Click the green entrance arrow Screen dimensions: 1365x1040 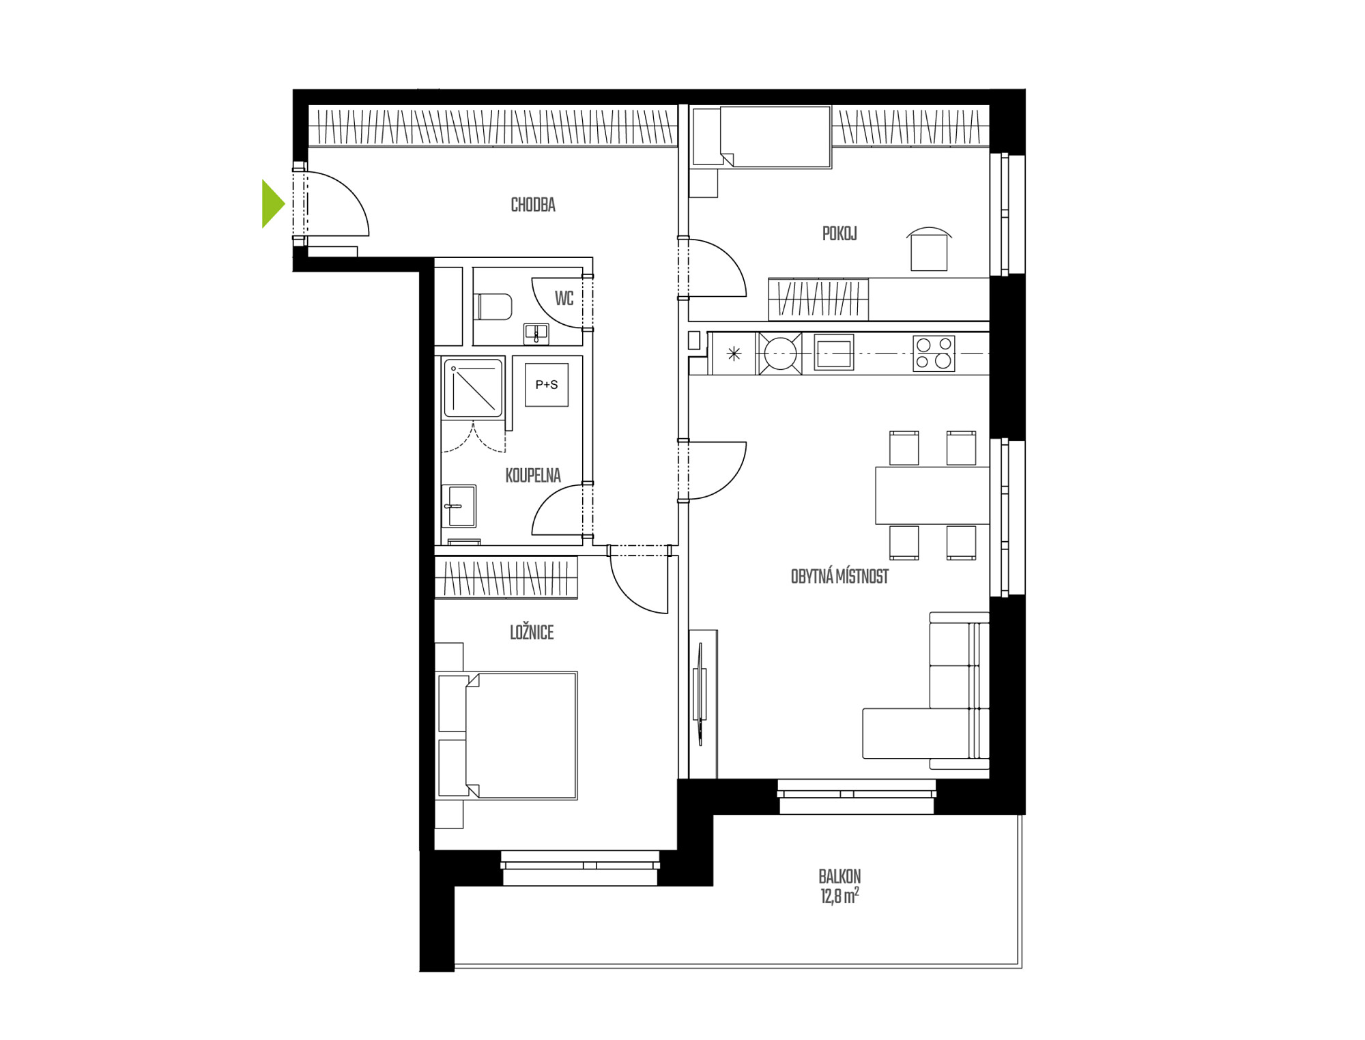coord(272,203)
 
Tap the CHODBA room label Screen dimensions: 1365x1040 coord(533,205)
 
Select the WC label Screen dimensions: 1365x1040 coord(564,298)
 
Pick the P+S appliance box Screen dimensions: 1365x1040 coord(547,385)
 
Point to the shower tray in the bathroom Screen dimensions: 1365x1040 coord(473,388)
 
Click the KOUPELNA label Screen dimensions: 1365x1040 coord(533,476)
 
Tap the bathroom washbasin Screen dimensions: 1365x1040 coord(459,506)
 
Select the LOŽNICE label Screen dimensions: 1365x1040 coord(532,633)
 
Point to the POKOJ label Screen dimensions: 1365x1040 coord(839,233)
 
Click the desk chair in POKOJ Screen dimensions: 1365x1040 coord(929,250)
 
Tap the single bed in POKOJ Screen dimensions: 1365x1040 coord(762,136)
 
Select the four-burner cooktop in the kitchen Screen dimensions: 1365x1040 coord(934,353)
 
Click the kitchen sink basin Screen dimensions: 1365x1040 coord(833,353)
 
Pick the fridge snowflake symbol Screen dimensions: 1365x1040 coord(734,353)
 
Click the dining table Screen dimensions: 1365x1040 coord(932,495)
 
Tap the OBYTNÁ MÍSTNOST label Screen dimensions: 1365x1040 coord(839,577)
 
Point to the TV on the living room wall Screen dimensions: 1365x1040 coord(700,693)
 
